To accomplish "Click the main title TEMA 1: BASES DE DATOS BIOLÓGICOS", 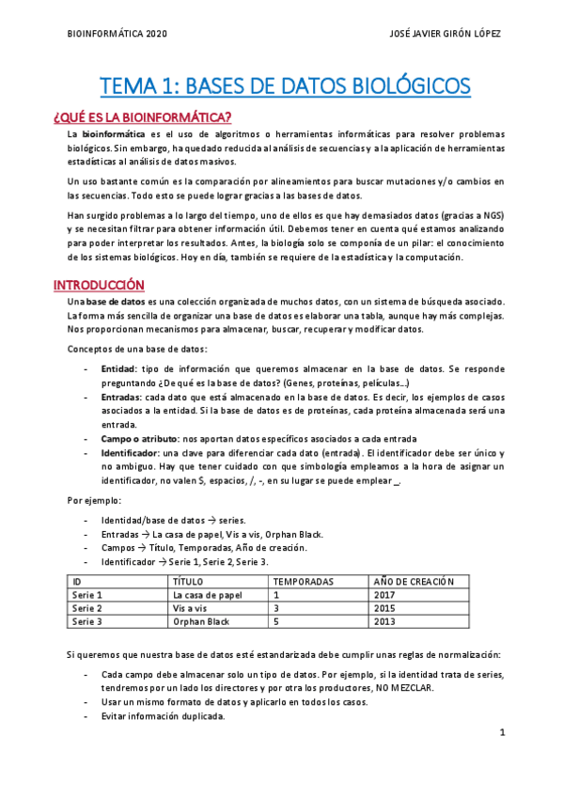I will [x=286, y=87].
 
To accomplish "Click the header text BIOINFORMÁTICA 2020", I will [x=118, y=33].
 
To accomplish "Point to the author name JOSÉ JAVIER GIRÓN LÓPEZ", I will [x=445, y=33].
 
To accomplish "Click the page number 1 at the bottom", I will [x=503, y=732].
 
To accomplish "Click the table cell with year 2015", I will [x=384, y=608].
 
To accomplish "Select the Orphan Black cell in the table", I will [x=201, y=621].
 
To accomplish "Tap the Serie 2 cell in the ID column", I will [x=86, y=608].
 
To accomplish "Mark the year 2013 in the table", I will [x=384, y=621].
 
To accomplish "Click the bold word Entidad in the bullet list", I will [x=118, y=368].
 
